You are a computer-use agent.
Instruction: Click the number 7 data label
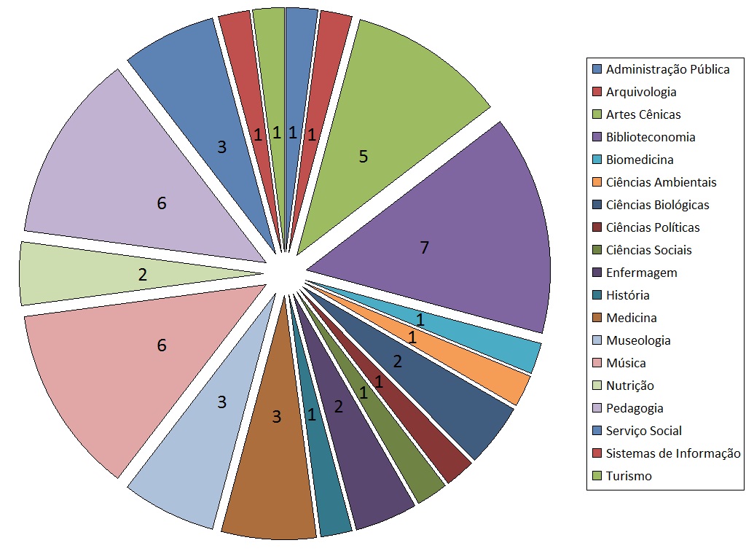(424, 248)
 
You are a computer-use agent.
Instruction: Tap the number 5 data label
(363, 156)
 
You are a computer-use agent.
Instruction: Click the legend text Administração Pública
(667, 69)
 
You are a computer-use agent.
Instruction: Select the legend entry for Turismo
(629, 476)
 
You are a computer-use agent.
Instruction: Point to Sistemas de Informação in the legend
(673, 453)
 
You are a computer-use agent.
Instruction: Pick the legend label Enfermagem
(641, 273)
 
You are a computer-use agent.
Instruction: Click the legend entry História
(627, 295)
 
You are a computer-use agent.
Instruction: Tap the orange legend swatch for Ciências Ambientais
(597, 182)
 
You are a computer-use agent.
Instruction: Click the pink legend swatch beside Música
(597, 363)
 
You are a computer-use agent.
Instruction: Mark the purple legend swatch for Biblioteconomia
(597, 137)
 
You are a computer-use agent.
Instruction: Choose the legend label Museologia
(638, 340)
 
